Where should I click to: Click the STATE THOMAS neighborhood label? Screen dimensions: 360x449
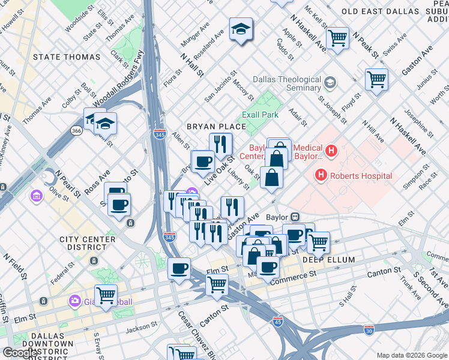coord(67,57)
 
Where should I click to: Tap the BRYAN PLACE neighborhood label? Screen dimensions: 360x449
coord(216,127)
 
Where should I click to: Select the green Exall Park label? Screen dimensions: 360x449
coord(260,114)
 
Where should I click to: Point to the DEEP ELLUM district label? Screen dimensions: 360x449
coord(328,260)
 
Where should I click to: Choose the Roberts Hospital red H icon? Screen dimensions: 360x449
coord(321,176)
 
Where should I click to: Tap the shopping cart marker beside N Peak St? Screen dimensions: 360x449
coord(337,38)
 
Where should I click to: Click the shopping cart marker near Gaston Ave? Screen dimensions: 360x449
coord(376,79)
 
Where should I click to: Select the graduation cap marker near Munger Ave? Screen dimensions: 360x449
coord(241,29)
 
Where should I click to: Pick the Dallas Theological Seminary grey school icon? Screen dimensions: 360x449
coord(330,82)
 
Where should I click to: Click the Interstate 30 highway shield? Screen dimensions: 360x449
coord(369,329)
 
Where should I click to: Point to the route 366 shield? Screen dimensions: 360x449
coord(77,130)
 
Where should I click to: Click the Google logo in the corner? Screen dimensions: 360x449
coord(20,353)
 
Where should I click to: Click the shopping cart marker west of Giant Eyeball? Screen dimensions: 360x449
coord(106,295)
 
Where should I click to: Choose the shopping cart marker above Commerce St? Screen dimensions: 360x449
coord(217,284)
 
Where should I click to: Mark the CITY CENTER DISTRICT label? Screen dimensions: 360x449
coord(87,243)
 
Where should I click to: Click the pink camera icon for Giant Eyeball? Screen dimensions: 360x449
coord(74,300)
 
